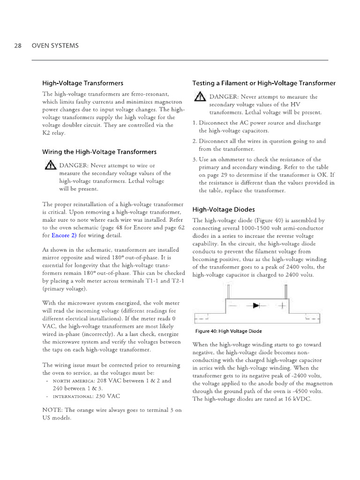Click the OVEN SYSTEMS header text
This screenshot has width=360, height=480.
tap(55, 45)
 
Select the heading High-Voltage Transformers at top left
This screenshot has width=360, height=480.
tap(83, 83)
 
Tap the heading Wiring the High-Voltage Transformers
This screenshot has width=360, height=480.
tap(99, 152)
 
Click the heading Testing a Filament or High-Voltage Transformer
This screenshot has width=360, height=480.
tap(264, 83)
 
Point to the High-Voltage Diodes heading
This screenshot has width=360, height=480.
tap(224, 209)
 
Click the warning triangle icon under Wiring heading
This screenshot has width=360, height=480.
tap(50, 165)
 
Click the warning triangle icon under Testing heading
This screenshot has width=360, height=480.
tap(200, 97)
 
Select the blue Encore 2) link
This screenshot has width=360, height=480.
tap(64, 235)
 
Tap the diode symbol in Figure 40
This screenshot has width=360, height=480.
tap(256, 306)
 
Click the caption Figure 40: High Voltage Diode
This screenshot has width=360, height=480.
tap(228, 331)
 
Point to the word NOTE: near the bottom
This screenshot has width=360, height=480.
tap(52, 410)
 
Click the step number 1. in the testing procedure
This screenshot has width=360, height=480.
tap(195, 123)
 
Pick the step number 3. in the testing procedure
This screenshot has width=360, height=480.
tap(195, 159)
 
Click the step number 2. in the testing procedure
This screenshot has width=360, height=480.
tap(195, 141)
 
